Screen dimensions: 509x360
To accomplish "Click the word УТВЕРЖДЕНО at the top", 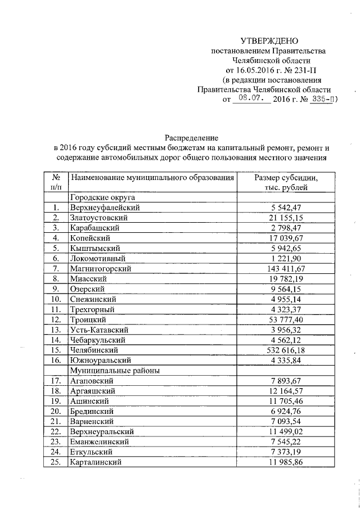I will (x=269, y=41).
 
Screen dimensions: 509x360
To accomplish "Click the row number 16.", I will (x=56, y=361).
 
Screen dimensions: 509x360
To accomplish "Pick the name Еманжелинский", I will (x=97, y=442).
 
